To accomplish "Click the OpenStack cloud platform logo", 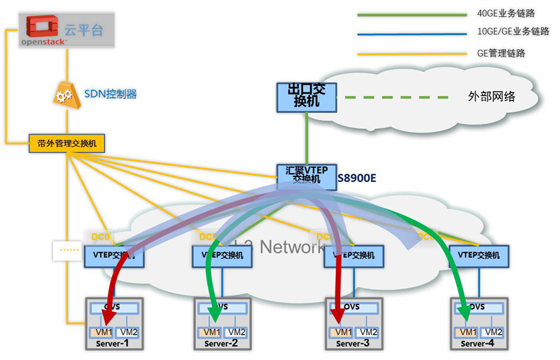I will pos(46,30).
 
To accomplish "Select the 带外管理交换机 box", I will pos(66,144).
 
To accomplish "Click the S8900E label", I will pos(357,178).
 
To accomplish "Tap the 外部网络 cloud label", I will pos(491,97).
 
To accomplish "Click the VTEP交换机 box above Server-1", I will pos(114,256).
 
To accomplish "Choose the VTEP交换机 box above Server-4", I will pos(479,256).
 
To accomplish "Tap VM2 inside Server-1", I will pos(127,331).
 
